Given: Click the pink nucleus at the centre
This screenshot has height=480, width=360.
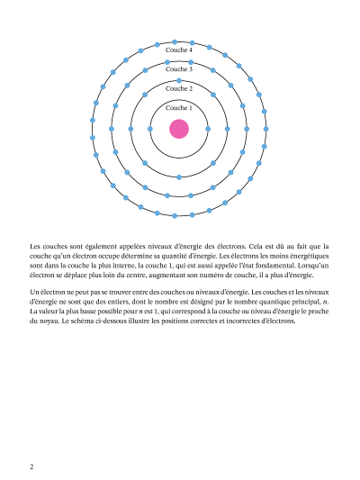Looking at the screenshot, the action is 179,129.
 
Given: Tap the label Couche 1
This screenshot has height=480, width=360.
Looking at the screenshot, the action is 179,108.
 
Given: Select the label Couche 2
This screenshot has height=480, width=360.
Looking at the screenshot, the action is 179,88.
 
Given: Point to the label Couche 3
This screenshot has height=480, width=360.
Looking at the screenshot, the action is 179,69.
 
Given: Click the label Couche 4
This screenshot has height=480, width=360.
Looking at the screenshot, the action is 179,50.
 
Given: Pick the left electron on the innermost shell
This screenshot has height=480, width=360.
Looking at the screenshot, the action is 150,129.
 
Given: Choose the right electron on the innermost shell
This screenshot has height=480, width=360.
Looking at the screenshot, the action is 208,129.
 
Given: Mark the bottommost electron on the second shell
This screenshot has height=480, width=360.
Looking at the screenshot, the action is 179,177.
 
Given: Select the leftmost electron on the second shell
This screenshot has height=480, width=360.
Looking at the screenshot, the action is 130,129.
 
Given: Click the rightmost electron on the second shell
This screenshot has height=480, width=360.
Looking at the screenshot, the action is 228,129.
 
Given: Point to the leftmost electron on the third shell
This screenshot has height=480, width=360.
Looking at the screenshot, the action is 112,129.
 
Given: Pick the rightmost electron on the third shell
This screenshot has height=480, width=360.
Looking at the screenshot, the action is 247,129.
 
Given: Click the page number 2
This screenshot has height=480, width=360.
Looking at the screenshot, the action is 31,466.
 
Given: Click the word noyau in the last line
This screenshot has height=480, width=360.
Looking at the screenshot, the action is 40,322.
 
